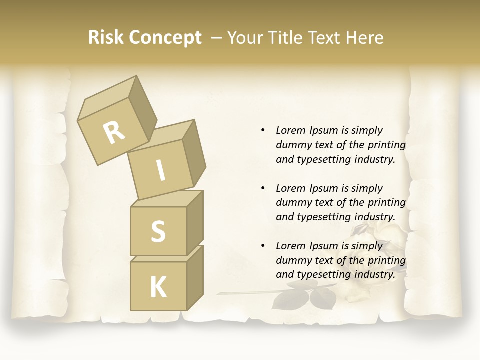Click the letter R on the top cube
tap(114, 133)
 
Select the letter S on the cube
tap(158, 231)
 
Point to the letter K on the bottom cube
tap(158, 287)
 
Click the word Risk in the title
tap(105, 37)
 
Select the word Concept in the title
tap(165, 38)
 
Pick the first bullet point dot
tap(263, 131)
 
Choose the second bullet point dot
tap(263, 189)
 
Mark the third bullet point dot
tap(263, 246)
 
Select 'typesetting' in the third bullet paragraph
tap(324, 274)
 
